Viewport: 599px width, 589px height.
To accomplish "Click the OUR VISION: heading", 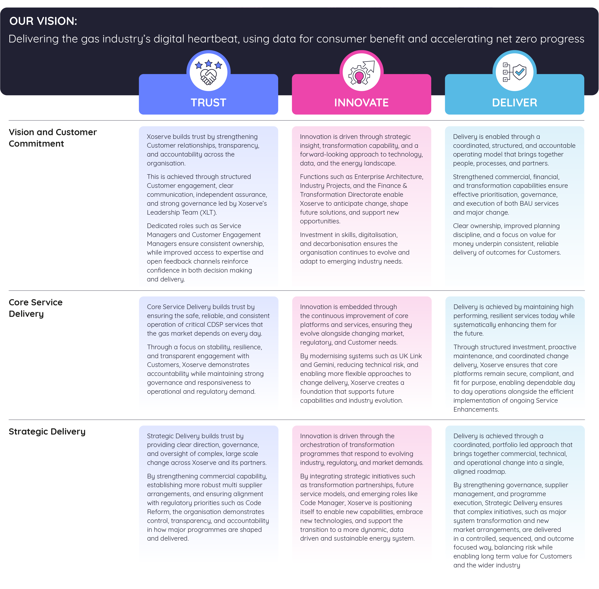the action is pyautogui.click(x=43, y=21).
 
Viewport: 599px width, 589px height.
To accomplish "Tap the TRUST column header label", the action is pyautogui.click(x=208, y=103).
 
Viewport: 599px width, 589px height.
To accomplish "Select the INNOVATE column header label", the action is pyautogui.click(x=361, y=103).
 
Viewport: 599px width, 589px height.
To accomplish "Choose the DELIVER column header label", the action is pyautogui.click(x=514, y=103).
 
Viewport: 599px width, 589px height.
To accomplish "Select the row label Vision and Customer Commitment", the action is pyautogui.click(x=53, y=138).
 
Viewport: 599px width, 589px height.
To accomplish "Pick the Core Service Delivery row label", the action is pyautogui.click(x=36, y=308).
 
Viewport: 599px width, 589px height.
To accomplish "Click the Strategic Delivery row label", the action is pyautogui.click(x=47, y=431).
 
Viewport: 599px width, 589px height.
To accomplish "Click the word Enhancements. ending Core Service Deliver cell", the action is pyautogui.click(x=476, y=409).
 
